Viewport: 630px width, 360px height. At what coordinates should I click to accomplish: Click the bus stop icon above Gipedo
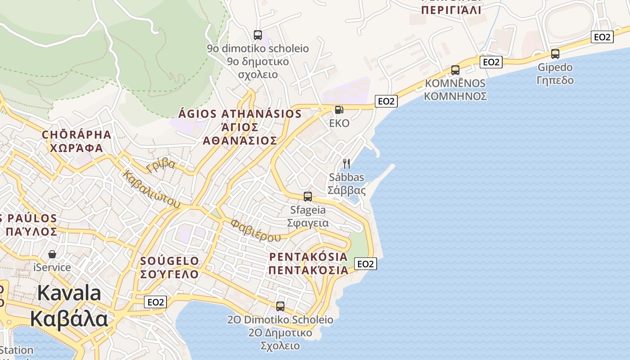pyautogui.click(x=555, y=54)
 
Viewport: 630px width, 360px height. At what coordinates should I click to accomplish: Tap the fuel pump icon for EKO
pyautogui.click(x=339, y=110)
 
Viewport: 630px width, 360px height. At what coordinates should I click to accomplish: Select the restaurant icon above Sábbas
pyautogui.click(x=346, y=163)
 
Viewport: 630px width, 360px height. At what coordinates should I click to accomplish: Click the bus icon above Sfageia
pyautogui.click(x=308, y=196)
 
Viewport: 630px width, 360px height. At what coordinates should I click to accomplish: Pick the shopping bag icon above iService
pyautogui.click(x=53, y=254)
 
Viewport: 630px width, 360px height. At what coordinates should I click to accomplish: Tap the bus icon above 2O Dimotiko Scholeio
pyautogui.click(x=280, y=306)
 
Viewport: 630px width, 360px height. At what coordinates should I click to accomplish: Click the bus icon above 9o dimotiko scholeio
pyautogui.click(x=258, y=35)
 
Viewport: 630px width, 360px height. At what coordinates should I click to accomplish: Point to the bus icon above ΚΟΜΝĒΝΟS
pyautogui.click(x=455, y=70)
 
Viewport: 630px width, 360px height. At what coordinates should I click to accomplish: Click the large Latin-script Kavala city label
pyautogui.click(x=69, y=293)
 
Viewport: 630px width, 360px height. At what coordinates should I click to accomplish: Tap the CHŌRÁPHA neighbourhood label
pyautogui.click(x=76, y=135)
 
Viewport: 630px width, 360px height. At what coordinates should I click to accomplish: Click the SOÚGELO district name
pyautogui.click(x=170, y=261)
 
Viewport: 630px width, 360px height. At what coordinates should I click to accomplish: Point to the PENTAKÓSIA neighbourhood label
pyautogui.click(x=309, y=257)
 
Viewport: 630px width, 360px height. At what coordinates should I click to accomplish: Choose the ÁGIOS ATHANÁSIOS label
pyautogui.click(x=240, y=114)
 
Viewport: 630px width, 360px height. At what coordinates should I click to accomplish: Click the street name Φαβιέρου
pyautogui.click(x=255, y=230)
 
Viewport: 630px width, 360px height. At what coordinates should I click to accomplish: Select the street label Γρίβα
pyautogui.click(x=161, y=165)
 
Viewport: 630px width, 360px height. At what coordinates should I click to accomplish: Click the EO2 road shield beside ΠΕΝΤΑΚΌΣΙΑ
pyautogui.click(x=365, y=264)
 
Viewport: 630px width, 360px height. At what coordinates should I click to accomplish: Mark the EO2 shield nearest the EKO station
pyautogui.click(x=386, y=101)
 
